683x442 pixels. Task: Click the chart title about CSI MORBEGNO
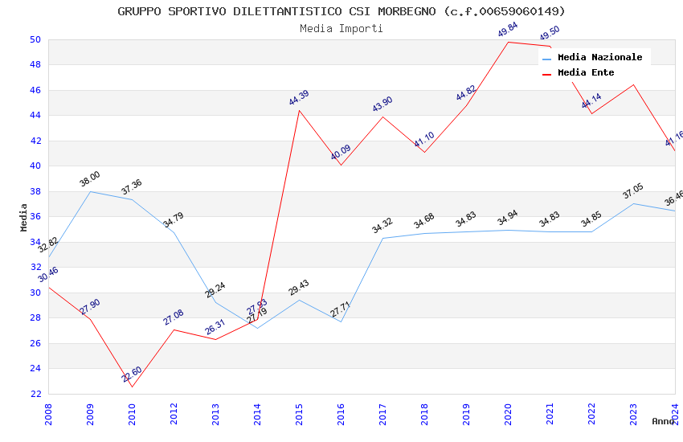(341, 11)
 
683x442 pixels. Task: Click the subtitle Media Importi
(341, 28)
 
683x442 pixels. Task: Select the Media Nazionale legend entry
(599, 58)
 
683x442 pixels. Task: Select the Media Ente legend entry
(586, 73)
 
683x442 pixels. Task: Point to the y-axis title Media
(24, 217)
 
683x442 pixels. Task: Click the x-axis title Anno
(663, 421)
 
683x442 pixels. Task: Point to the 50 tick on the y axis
(35, 39)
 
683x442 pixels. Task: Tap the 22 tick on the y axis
(35, 394)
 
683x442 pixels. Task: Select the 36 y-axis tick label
(35, 217)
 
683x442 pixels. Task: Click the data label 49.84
(508, 30)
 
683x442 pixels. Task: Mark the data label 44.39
(299, 98)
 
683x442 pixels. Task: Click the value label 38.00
(90, 179)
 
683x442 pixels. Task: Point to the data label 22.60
(132, 374)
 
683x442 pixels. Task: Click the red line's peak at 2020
(508, 42)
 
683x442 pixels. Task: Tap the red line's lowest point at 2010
(132, 387)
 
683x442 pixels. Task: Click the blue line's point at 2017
(382, 238)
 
